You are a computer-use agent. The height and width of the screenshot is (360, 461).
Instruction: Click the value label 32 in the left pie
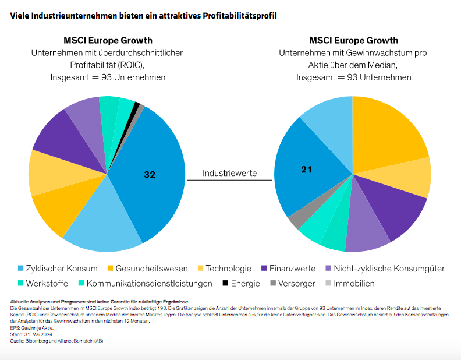(150, 174)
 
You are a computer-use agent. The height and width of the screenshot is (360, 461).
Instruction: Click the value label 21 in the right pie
(307, 170)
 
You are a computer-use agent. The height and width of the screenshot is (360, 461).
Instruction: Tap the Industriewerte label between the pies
(229, 173)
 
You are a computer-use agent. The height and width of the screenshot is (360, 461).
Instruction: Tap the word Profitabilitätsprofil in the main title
(239, 16)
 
